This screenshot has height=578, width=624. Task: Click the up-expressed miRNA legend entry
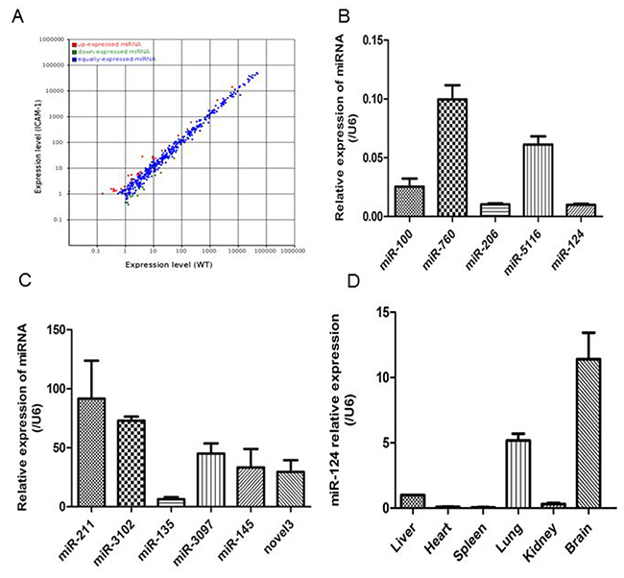pos(102,44)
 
